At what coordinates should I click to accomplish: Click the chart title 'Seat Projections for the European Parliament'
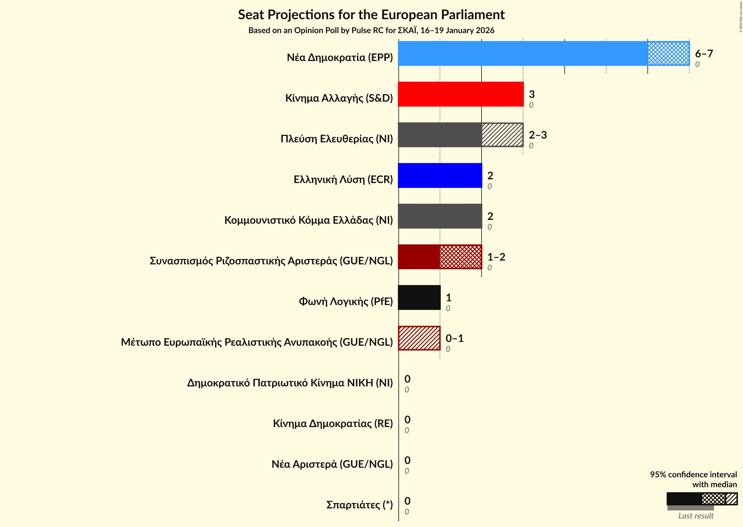371,15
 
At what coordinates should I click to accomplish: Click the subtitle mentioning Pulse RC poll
371,31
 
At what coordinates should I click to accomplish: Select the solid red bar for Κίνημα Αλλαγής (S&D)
461,94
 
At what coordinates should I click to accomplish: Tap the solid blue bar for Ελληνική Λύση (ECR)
440,175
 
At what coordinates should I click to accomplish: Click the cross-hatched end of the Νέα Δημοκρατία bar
668,53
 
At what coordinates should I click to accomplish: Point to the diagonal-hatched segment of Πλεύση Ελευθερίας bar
502,135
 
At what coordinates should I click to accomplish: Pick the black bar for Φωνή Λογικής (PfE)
419,297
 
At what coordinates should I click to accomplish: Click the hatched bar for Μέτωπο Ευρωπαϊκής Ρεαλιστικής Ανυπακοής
419,338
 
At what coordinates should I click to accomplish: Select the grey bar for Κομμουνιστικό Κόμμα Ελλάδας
440,216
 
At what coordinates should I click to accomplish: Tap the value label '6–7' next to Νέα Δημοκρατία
704,53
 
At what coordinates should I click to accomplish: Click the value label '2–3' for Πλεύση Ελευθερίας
538,135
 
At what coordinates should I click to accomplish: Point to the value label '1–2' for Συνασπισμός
496,257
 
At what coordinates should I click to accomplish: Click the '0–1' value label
454,338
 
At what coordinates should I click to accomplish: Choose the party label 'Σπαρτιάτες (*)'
359,505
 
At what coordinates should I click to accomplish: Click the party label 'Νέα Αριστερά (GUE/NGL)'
332,464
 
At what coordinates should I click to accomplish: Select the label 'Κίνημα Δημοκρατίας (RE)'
333,424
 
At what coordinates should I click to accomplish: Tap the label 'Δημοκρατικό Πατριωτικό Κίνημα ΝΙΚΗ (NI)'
290,383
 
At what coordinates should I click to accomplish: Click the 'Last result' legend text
696,516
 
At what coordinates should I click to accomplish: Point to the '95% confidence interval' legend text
693,475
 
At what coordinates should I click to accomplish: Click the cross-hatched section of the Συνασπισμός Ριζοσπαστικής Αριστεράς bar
461,257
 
